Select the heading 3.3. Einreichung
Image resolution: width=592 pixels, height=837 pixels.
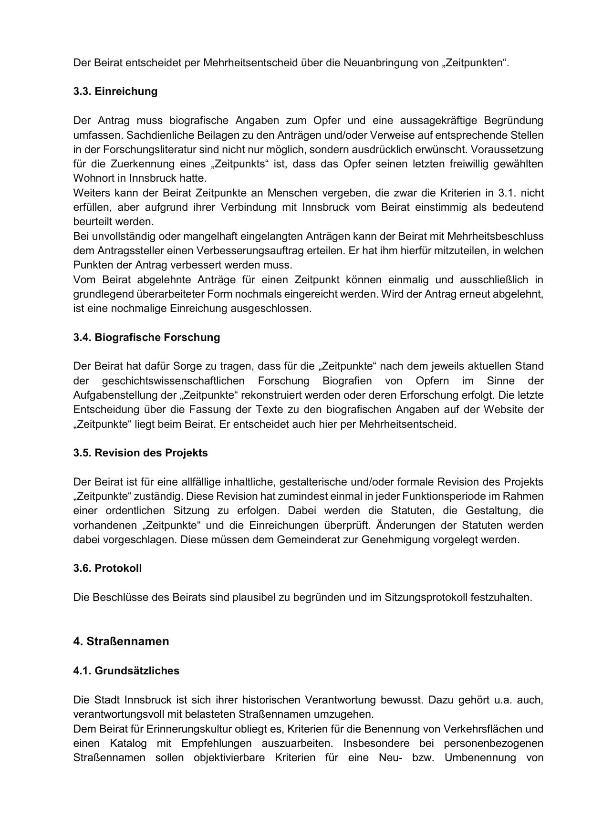pyautogui.click(x=115, y=91)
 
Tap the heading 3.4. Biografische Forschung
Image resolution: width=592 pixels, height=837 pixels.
pyautogui.click(x=146, y=337)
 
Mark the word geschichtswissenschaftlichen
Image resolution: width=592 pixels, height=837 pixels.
pyautogui.click(x=173, y=381)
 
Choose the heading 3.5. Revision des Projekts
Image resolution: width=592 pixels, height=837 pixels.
pyautogui.click(x=140, y=453)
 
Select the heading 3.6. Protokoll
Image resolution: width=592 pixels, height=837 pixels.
pyautogui.click(x=107, y=568)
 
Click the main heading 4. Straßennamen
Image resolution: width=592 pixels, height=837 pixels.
pyautogui.click(x=121, y=641)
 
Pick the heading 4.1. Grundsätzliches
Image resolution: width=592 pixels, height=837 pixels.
pyautogui.click(x=126, y=671)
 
